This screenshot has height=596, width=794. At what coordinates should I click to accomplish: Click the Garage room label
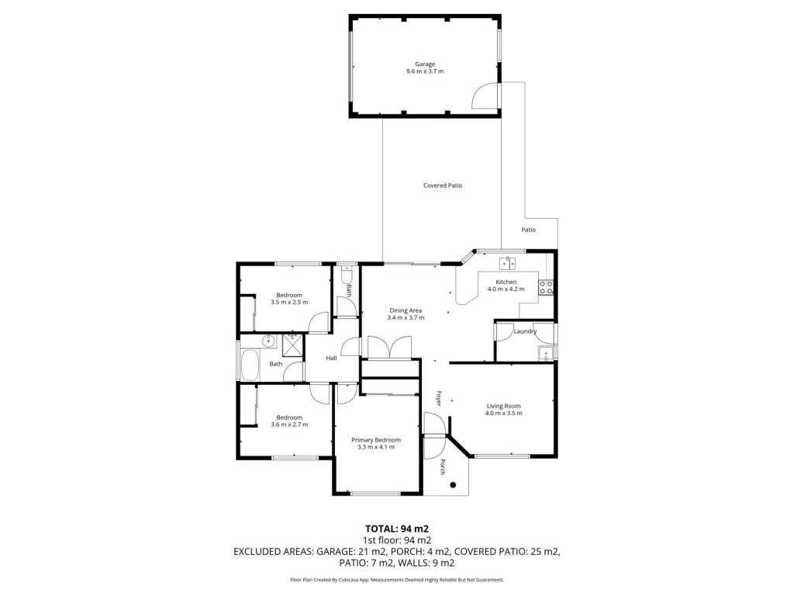pos(425,64)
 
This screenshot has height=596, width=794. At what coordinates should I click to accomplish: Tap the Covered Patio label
pos(443,185)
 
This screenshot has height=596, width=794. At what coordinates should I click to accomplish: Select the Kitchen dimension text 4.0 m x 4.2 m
pos(506,289)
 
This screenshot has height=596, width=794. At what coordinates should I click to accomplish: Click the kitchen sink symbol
pos(507,264)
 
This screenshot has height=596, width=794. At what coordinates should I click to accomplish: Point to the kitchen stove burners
pos(546,287)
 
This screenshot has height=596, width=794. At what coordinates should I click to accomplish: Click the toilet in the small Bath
pos(347,275)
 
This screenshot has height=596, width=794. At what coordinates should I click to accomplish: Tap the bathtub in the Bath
pos(250,365)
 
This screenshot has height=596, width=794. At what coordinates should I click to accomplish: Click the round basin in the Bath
pos(268,341)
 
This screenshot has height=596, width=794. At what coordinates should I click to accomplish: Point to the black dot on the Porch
pos(453,485)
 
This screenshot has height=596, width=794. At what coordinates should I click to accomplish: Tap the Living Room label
pos(504,406)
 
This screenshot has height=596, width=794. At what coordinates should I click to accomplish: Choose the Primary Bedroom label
pos(376,440)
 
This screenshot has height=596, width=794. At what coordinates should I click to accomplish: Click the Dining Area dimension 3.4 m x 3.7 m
pos(406,317)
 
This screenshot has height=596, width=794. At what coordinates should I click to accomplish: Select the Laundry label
pos(525,331)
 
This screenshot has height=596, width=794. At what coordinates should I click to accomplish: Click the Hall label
pos(332,359)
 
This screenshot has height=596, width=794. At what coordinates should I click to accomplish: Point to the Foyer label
pos(439,398)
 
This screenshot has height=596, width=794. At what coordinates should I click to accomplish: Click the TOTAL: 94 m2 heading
pos(397,529)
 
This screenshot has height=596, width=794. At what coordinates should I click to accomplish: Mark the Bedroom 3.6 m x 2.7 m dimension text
pos(290,424)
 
